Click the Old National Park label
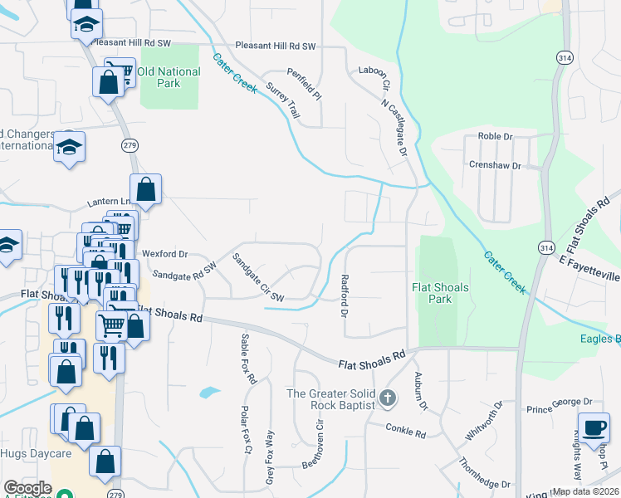[x=169, y=77]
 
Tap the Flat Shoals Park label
[x=440, y=293]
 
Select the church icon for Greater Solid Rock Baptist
[x=387, y=399]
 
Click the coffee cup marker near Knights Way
[x=593, y=426]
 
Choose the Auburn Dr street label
[x=420, y=392]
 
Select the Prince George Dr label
[x=556, y=409]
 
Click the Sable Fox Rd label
[x=248, y=359]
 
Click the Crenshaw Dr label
[x=494, y=165]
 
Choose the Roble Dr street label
[x=497, y=135]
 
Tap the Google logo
[x=28, y=488]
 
